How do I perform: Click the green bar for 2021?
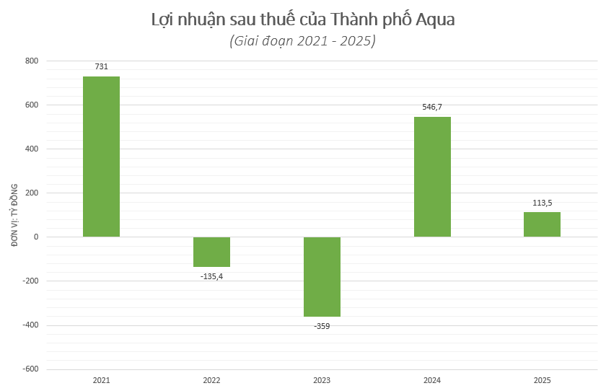tap(101, 157)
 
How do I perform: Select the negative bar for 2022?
tap(211, 252)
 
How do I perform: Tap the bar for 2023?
tap(322, 276)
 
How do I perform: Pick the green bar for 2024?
tap(432, 177)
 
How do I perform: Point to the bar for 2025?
tap(542, 224)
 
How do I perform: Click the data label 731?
tap(101, 67)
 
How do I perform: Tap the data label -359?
tap(322, 326)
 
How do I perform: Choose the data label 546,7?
tap(432, 107)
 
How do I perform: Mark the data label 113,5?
tap(542, 203)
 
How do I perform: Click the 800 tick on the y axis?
tap(32, 61)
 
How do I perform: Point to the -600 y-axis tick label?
tap(30, 369)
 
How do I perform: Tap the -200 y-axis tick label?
tap(30, 281)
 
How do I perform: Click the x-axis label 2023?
tap(322, 379)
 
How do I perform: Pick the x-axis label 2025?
tap(542, 379)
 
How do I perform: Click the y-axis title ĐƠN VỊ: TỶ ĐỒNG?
tap(14, 215)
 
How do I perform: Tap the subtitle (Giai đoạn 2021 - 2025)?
tap(303, 41)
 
